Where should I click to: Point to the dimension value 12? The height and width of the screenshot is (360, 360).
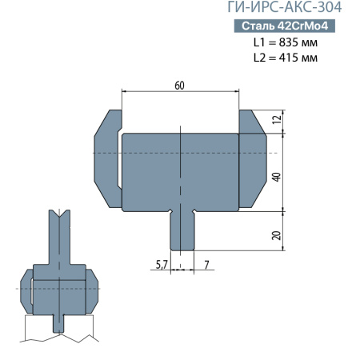coord(277,119)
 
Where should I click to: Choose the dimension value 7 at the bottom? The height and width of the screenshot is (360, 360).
coord(206,263)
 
